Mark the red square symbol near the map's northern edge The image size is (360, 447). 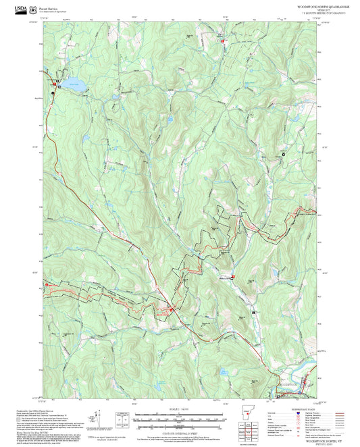pyautogui.click(x=223, y=41)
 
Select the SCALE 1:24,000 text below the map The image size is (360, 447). pyautogui.click(x=178, y=407)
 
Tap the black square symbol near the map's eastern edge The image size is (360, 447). pyautogui.click(x=284, y=154)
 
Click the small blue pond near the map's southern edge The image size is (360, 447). pyautogui.click(x=222, y=372)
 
